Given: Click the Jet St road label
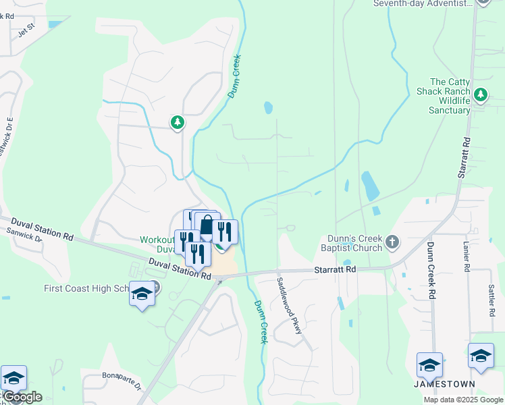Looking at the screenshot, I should tap(26, 31).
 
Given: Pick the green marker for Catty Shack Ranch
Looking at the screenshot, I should tap(481, 95).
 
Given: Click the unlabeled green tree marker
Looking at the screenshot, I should tap(177, 123).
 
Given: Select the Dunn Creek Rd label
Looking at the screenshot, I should tap(429, 271).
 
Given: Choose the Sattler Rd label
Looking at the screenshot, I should tap(491, 300).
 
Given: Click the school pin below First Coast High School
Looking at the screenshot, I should tap(142, 295).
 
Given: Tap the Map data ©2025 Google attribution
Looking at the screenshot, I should tap(462, 400).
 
